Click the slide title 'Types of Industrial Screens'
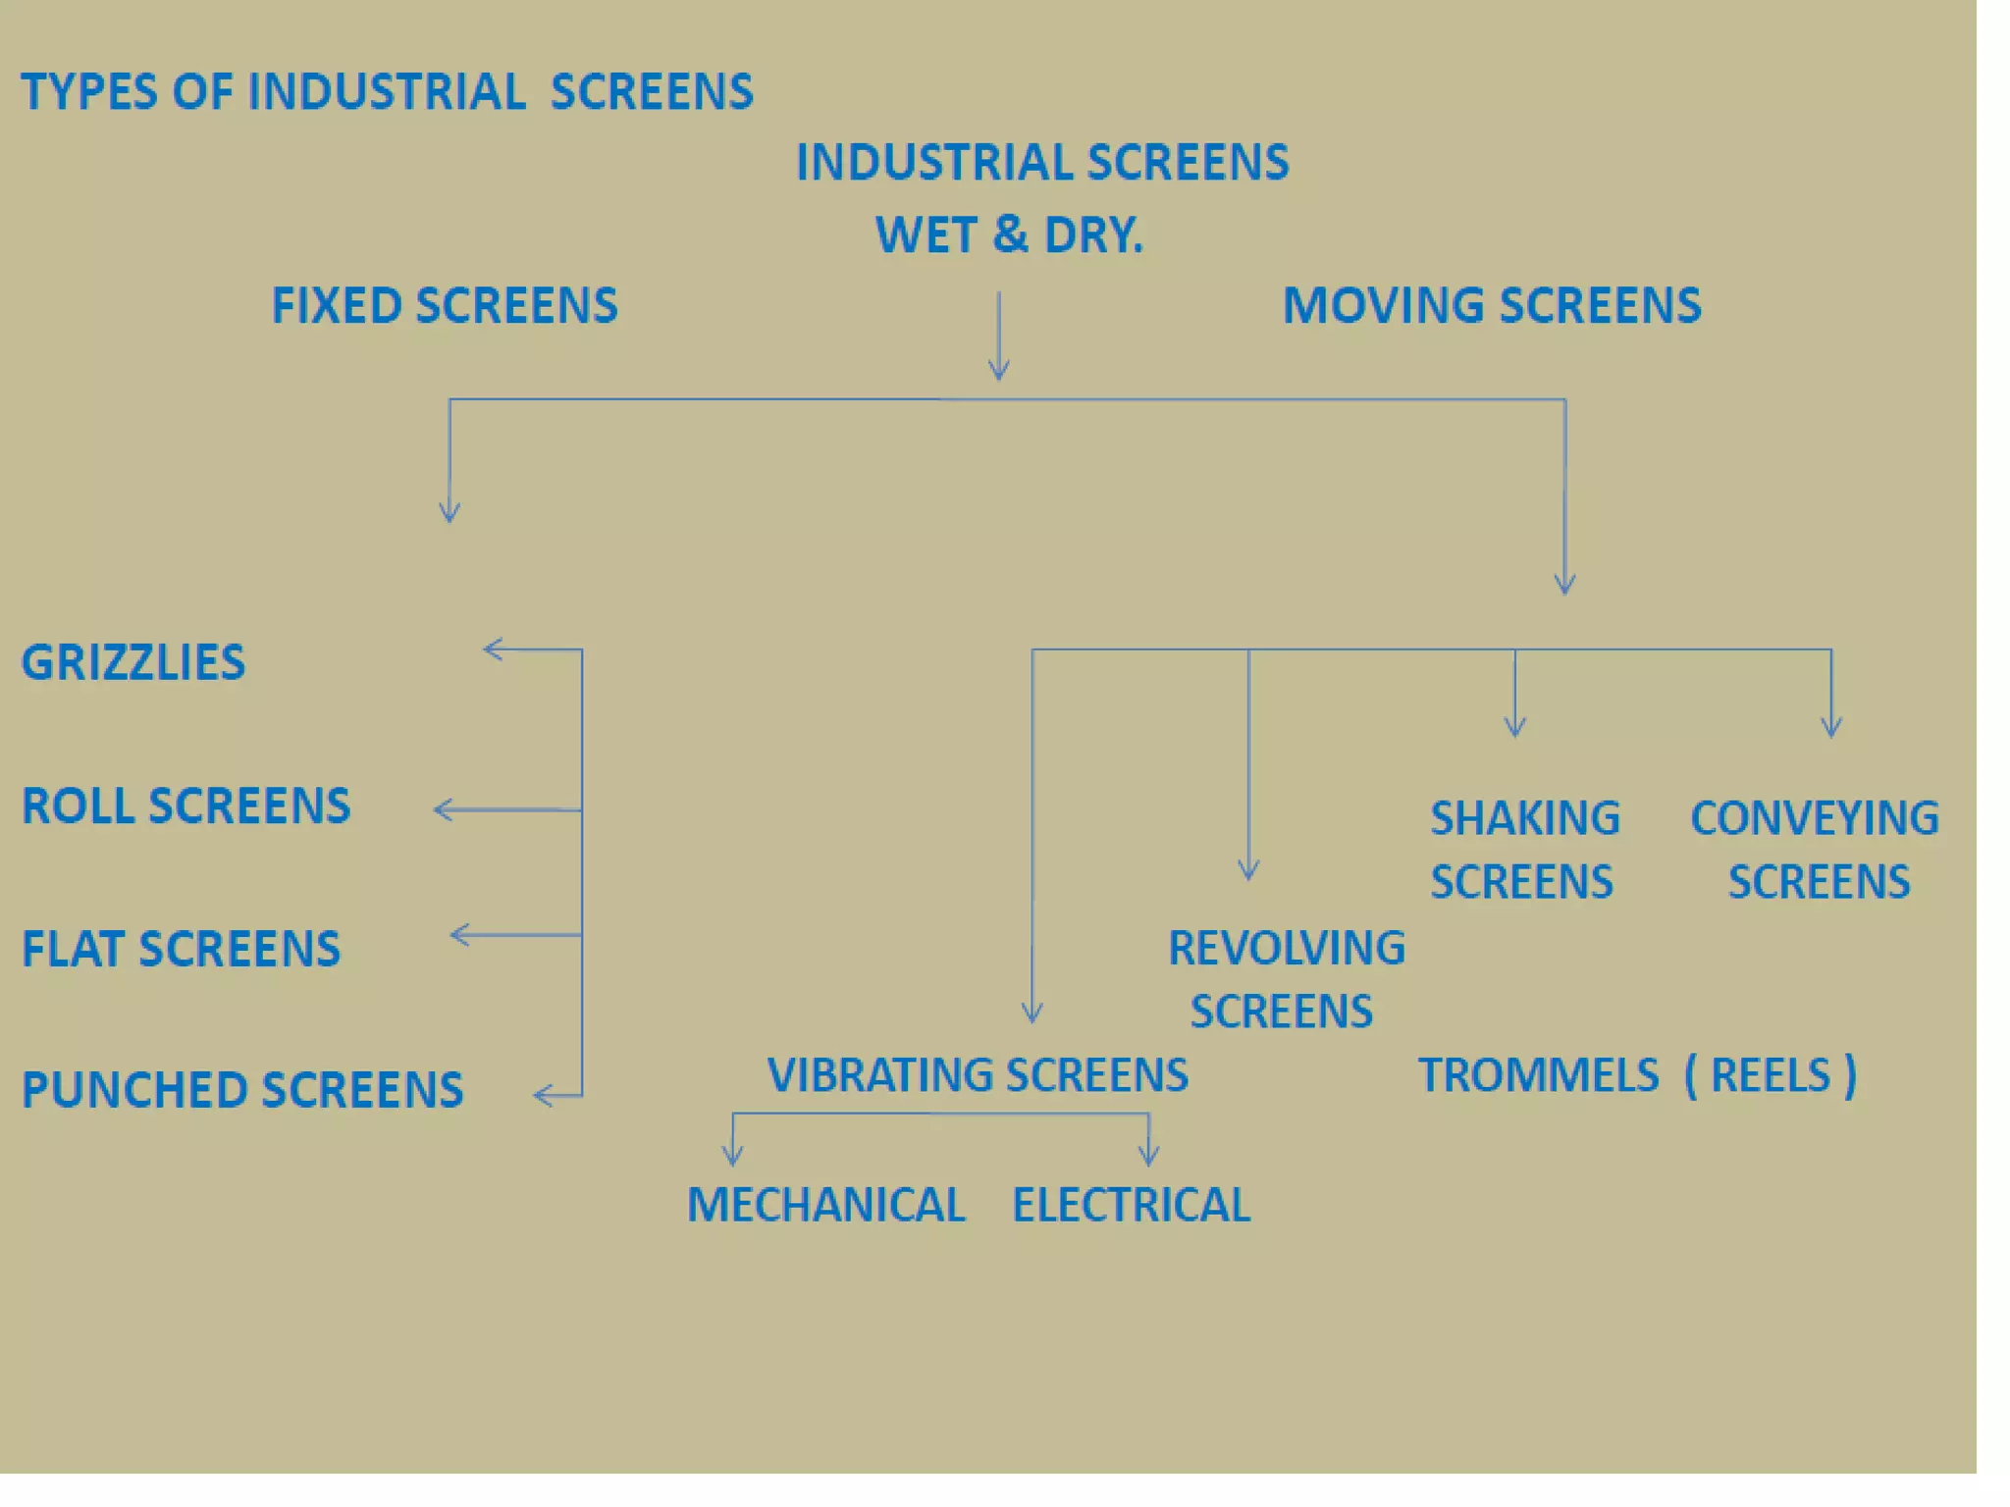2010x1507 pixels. [387, 92]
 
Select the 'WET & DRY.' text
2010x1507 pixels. [1009, 235]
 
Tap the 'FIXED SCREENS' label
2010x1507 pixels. [445, 306]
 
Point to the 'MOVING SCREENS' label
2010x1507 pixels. [1492, 306]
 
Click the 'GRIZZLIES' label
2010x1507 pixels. [133, 663]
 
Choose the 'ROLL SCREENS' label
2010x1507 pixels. [185, 806]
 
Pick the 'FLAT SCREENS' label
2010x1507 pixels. [181, 950]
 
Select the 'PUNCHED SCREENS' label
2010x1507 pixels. [242, 1090]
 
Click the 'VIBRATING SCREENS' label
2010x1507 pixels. [978, 1075]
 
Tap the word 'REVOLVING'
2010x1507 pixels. [1287, 949]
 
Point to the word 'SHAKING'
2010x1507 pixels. [1525, 819]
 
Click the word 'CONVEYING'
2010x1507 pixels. [1815, 819]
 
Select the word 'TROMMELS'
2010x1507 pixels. [1538, 1076]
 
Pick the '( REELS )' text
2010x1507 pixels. [1771, 1076]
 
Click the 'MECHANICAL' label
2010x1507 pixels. [826, 1206]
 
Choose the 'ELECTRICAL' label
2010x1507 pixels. [1132, 1206]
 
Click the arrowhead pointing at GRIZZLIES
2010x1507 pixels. [491, 650]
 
